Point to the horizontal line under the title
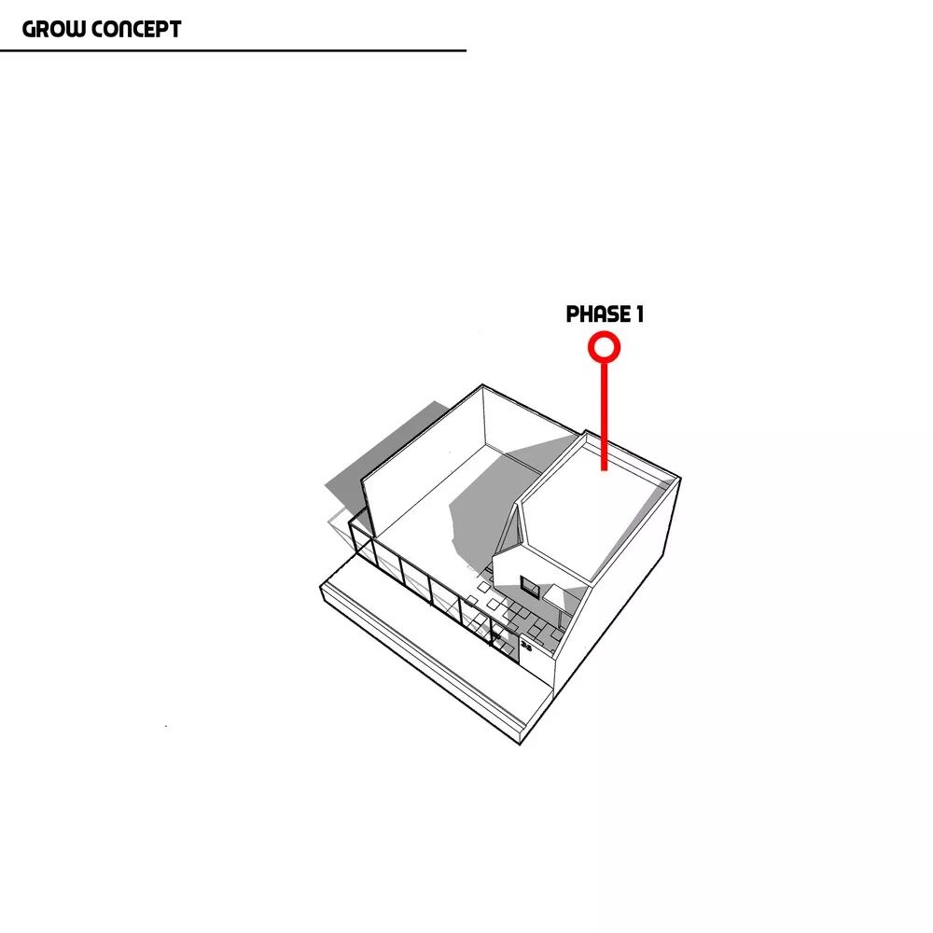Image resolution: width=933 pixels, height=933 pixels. [233, 50]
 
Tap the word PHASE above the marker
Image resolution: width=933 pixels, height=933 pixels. [593, 315]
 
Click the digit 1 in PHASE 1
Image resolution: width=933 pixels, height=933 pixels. [639, 315]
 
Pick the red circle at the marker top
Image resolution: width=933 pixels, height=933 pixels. [604, 347]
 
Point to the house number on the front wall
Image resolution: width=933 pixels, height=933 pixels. [526, 646]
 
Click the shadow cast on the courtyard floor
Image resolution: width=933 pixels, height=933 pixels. [485, 504]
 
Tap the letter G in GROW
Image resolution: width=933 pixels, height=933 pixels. [29, 29]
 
